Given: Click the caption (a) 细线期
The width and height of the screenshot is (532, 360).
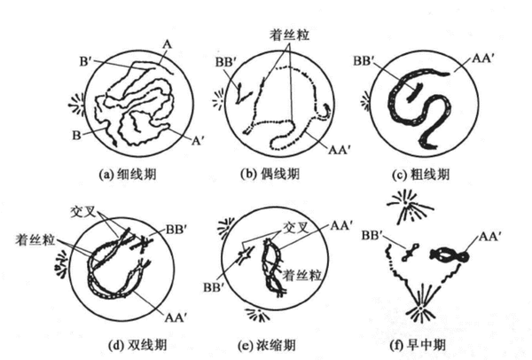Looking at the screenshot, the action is pos(128,175).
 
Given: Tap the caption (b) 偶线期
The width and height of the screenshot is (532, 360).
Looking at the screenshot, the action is pos(270,174).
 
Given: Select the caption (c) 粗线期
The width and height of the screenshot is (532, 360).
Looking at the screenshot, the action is pos(420,175).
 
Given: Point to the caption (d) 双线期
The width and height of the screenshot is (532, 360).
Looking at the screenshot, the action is pos(137,345).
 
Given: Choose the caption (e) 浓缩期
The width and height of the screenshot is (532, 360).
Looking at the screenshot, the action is pos(267,346).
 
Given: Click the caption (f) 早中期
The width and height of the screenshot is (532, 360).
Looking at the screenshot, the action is pos(418,346).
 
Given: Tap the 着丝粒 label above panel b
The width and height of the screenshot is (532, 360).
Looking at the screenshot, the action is pos(289,35).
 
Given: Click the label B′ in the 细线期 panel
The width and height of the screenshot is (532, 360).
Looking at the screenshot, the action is pos(86,62).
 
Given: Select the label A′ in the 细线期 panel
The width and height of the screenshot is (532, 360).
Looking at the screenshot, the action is pos(197,140).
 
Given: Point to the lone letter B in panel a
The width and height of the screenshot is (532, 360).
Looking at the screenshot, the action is pos(76,136).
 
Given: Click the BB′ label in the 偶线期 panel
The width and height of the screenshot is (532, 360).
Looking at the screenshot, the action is pos(226,63).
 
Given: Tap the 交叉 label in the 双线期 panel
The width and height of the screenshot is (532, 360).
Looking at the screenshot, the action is pos(83,212).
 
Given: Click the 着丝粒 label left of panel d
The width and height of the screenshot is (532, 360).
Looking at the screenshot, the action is pos(35,240).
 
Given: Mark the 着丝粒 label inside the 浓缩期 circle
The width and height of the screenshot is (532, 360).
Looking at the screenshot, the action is pos(302,275).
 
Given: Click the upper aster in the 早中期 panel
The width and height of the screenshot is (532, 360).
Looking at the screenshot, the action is pos(407,205).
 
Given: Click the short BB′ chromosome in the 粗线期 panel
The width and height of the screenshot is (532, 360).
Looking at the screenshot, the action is pos(413,92).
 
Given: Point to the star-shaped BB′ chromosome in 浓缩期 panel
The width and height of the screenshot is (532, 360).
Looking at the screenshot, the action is pos(245,254).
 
